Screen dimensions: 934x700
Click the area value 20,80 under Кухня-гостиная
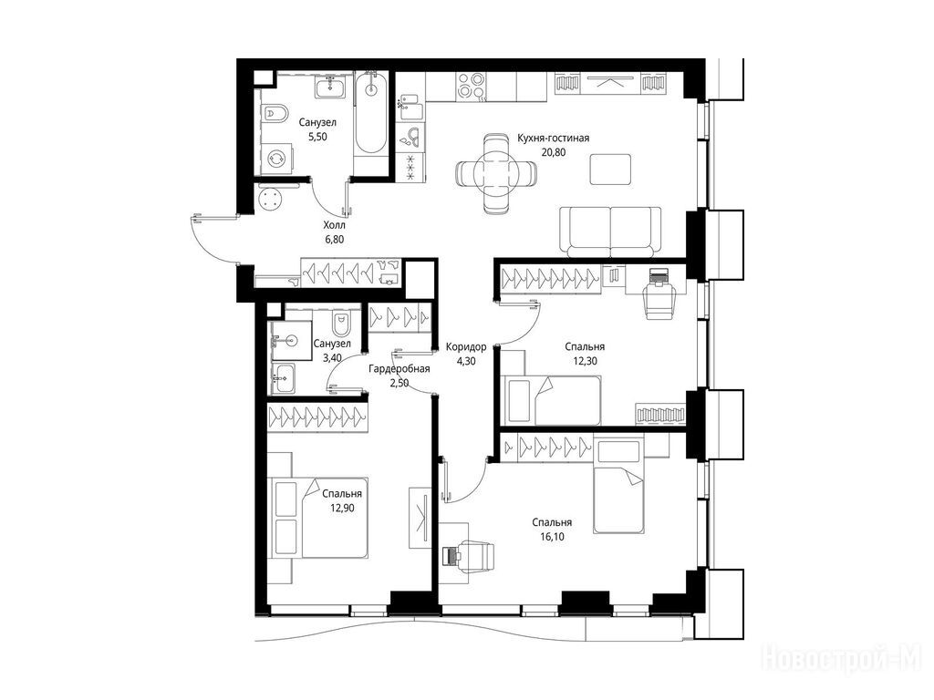click(553, 152)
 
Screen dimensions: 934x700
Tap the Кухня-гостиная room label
click(553, 139)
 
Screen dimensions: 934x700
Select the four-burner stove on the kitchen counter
click(472, 86)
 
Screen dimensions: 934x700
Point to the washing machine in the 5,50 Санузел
click(278, 158)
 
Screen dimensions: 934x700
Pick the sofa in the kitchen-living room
click(610, 232)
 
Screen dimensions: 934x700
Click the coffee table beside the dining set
click(610, 169)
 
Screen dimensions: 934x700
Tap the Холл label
click(334, 226)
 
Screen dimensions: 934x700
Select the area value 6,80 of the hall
click(334, 240)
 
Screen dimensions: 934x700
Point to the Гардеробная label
click(400, 369)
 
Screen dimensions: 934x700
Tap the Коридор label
click(466, 347)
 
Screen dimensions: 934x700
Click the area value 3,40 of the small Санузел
click(332, 357)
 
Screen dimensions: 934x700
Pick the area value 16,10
click(552, 537)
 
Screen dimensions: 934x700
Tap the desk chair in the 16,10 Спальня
click(473, 555)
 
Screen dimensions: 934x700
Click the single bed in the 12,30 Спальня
click(552, 400)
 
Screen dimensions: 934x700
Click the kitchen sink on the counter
click(410, 137)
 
